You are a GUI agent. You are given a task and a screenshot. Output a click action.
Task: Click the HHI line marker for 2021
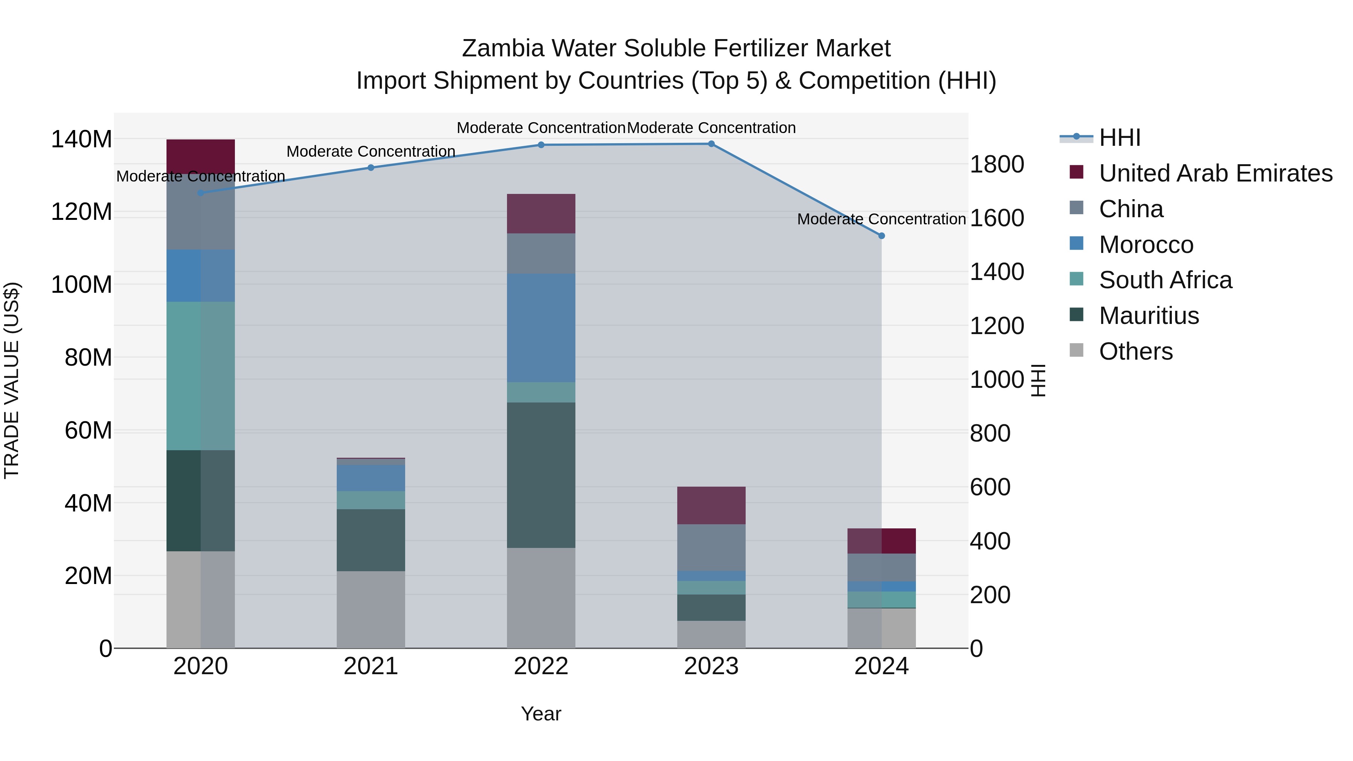(371, 168)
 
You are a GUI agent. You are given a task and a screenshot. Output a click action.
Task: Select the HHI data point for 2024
(881, 236)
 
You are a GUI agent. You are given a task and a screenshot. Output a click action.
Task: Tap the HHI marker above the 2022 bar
(541, 145)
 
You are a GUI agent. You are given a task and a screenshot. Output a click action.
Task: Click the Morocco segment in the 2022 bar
(541, 328)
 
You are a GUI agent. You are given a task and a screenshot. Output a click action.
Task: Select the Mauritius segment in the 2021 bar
(371, 540)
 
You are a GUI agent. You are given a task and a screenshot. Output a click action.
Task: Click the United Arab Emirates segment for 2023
(711, 505)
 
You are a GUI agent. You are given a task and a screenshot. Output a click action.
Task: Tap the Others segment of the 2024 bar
(881, 628)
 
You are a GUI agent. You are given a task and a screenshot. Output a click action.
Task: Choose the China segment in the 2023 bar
(711, 547)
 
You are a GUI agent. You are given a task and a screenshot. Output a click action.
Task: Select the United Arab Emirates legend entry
(1215, 173)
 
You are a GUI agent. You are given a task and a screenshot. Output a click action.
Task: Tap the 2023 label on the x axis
(711, 666)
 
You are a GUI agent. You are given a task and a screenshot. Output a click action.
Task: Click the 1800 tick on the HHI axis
(996, 164)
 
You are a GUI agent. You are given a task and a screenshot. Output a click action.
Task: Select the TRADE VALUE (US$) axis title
(12, 380)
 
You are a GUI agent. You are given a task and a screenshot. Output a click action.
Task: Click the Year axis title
(541, 714)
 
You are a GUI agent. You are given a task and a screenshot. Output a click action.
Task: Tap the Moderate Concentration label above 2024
(881, 219)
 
